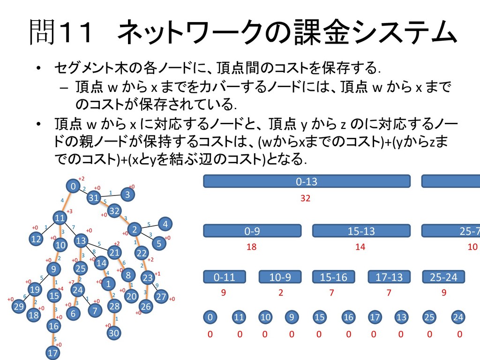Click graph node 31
coord(94,198)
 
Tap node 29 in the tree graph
coord(19,307)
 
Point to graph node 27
coord(161,296)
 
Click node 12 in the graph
coord(36,239)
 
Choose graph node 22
coord(141,253)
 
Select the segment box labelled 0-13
coord(307,181)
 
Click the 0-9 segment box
coord(252,231)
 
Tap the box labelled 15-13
coord(361,231)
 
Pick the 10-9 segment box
coord(280,277)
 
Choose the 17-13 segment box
coord(389,277)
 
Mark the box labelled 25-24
coord(443,277)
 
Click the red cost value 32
coord(306,198)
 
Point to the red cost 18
coord(252,247)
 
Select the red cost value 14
coord(360,247)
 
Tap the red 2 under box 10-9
coord(280,293)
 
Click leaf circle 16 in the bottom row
coord(348,317)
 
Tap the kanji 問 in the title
coord(43,33)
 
